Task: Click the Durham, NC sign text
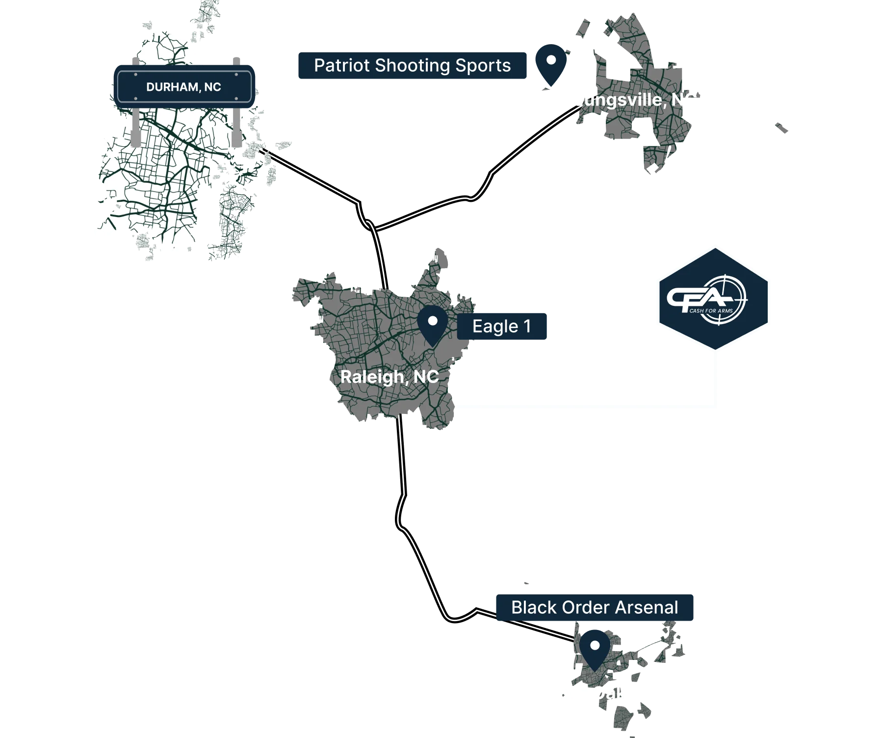coord(183,87)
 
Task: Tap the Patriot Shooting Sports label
coord(413,66)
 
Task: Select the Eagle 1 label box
coord(502,327)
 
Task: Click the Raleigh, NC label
coord(390,377)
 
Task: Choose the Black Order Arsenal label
coord(595,608)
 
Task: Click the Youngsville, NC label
coord(633,100)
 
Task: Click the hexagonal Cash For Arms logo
coord(715,298)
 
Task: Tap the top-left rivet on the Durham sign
coord(121,75)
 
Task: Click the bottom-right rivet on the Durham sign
coord(247,99)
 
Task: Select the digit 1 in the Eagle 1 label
coord(528,327)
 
